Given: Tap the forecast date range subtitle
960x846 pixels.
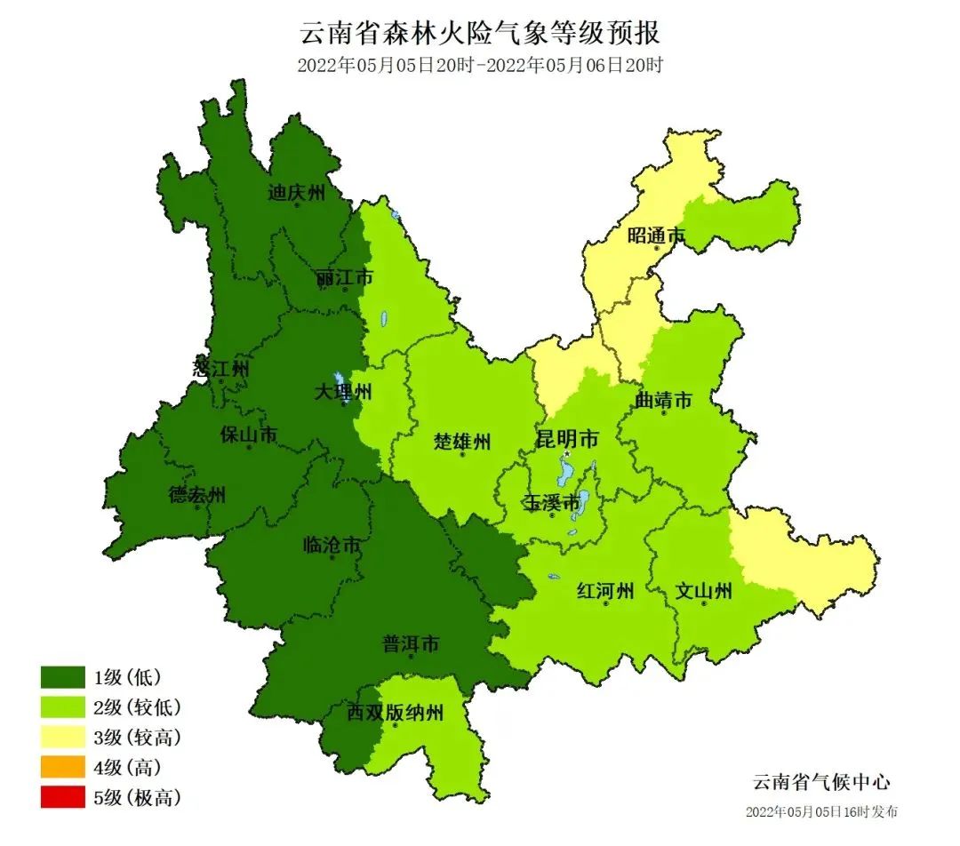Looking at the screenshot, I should click(x=480, y=65).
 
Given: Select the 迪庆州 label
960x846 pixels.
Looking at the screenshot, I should click(x=297, y=192).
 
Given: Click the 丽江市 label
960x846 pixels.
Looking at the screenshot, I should click(x=344, y=278).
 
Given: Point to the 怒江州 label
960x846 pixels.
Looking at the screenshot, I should click(x=221, y=368).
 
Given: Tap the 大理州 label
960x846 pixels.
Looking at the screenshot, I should click(x=344, y=392).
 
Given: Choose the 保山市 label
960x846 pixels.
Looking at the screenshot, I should click(x=249, y=435).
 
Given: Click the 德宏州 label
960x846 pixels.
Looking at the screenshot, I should click(x=197, y=494).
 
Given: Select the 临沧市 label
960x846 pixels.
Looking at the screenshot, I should click(x=332, y=545).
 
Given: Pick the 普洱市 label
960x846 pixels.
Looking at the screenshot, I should click(x=410, y=644).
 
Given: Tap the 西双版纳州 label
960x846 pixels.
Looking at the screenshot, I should click(x=394, y=712).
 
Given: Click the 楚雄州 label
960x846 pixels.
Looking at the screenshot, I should click(x=462, y=441).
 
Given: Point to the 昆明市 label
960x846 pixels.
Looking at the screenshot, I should click(x=566, y=439).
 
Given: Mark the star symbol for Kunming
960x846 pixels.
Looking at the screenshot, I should click(x=567, y=454).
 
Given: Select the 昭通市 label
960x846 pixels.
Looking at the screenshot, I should click(x=656, y=235).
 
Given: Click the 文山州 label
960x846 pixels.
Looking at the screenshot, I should click(x=703, y=590).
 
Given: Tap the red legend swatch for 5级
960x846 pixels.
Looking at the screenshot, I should click(x=62, y=797).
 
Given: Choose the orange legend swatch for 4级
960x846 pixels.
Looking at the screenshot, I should click(x=62, y=767).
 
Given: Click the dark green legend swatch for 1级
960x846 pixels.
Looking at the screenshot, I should click(x=62, y=678).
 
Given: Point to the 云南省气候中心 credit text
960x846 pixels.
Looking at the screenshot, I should click(x=820, y=782).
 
